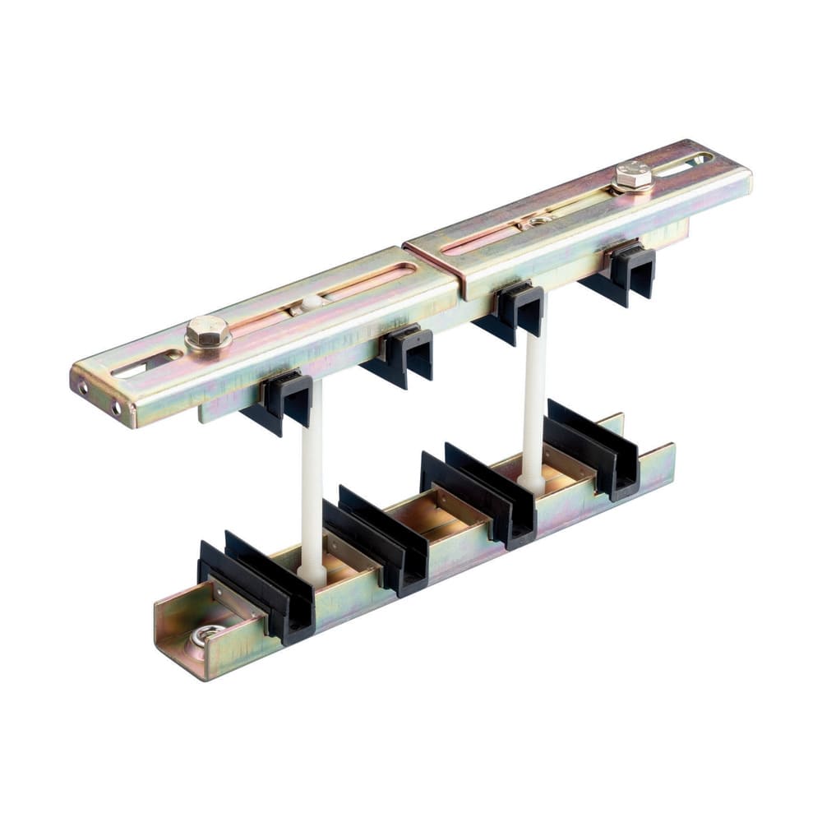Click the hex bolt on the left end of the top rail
[206, 333]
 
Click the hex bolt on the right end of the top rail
[633, 176]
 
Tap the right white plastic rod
[533, 395]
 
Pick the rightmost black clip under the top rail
[629, 272]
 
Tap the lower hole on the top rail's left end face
[115, 408]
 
